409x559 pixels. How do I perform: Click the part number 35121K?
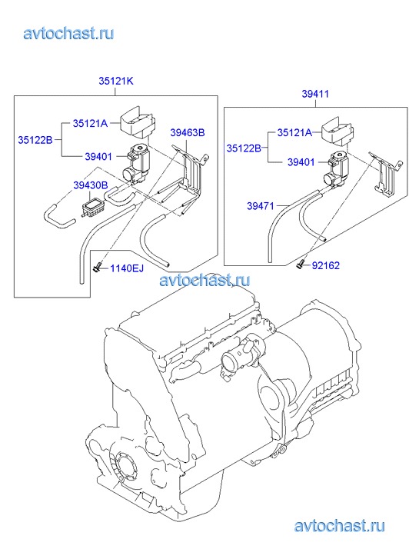click(116, 81)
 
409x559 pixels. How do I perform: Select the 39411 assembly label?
click(315, 94)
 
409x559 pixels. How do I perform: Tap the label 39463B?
click(188, 132)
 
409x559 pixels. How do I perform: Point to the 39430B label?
click(91, 185)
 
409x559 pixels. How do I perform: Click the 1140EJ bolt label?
click(127, 268)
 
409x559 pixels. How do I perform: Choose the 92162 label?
click(325, 265)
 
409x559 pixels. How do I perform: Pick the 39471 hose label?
click(261, 206)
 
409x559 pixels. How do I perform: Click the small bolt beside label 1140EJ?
click(96, 267)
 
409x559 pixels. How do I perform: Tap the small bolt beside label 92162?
click(300, 265)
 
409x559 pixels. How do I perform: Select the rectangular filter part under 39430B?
click(92, 207)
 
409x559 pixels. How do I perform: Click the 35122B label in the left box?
click(35, 140)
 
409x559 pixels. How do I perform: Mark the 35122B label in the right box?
click(244, 148)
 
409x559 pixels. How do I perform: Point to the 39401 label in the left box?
click(98, 157)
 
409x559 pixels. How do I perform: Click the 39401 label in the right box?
click(301, 162)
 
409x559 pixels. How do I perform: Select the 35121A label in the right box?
click(294, 132)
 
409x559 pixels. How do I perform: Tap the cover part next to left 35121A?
click(137, 123)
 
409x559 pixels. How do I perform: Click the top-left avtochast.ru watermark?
click(68, 34)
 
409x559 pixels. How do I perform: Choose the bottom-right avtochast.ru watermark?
click(340, 525)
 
